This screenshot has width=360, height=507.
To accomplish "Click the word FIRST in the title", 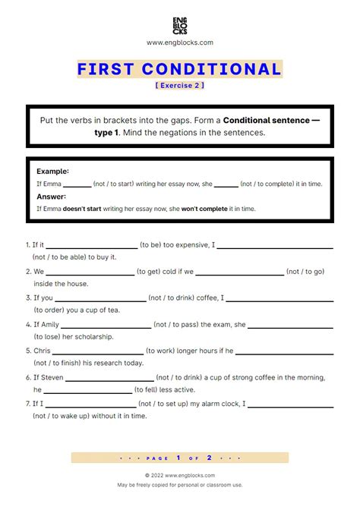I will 106,70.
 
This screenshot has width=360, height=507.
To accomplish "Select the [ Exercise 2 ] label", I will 180,85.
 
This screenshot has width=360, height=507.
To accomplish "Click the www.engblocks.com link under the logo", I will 180,43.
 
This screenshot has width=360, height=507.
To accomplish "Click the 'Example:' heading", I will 52,172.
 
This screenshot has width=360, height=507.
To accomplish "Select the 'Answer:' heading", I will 51,197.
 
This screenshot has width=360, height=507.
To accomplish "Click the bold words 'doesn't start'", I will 83,209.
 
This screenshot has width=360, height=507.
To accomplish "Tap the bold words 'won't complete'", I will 201,209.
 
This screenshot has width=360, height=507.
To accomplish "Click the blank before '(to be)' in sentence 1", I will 91,246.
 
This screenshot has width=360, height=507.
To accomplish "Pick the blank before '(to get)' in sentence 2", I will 90,272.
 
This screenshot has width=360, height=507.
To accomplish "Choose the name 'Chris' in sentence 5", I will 42,351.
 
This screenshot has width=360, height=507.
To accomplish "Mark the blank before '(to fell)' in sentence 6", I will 87,390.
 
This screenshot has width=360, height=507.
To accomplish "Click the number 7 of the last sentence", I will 27,404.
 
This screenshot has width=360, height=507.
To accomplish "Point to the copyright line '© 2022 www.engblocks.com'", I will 180,475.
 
